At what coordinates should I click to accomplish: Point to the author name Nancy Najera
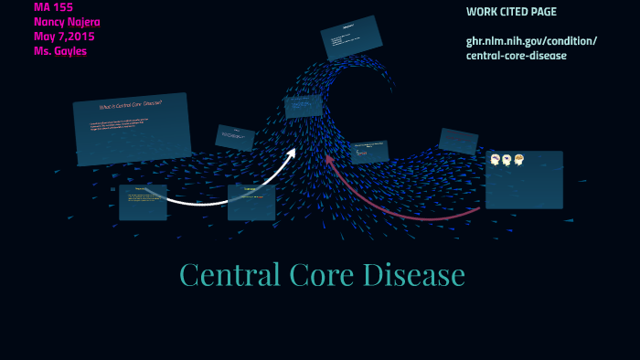67,22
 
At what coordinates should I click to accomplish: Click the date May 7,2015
64,37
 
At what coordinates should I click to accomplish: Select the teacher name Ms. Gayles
60,51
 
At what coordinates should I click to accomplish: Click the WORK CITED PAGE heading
511,12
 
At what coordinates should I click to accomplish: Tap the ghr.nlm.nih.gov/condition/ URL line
531,41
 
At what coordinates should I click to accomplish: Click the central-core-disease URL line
517,56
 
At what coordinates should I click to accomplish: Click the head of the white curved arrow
292,154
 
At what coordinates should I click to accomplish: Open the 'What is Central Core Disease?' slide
132,128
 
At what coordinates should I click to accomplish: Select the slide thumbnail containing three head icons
524,179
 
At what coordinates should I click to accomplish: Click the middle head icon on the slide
507,160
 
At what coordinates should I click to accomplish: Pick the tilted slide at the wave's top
351,37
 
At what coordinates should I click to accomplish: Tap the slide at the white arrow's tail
143,202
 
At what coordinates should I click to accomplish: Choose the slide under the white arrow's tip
251,202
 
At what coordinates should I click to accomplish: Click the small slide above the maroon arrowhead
369,152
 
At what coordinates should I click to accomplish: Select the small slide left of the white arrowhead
235,137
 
